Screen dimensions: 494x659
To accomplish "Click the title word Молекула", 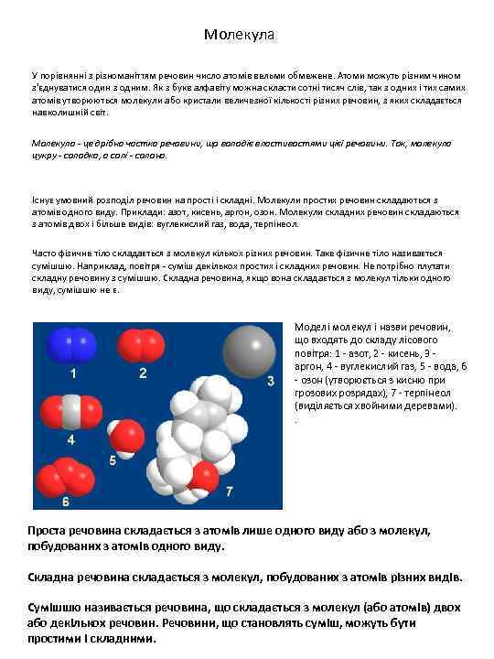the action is (x=239, y=35).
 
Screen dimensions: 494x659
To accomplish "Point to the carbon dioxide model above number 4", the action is (x=70, y=407).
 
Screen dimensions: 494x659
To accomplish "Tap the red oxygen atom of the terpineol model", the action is (x=204, y=476).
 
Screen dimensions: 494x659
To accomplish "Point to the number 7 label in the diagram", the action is (x=229, y=492).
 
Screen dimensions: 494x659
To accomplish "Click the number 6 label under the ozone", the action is (x=65, y=502).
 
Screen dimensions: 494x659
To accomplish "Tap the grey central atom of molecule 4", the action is (x=70, y=407).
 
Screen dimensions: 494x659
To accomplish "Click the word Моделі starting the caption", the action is (x=312, y=328).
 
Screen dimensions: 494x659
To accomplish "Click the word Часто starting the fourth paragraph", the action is (x=46, y=254).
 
